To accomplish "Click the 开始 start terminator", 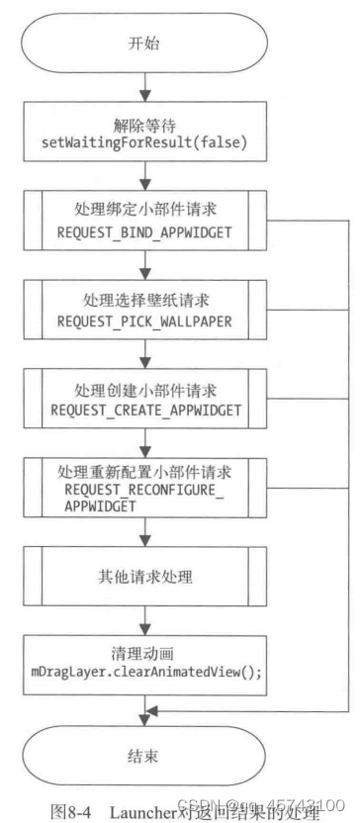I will click(x=144, y=46).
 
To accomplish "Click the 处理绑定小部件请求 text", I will click(x=144, y=211).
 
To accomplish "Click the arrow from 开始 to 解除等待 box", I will click(x=144, y=89).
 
